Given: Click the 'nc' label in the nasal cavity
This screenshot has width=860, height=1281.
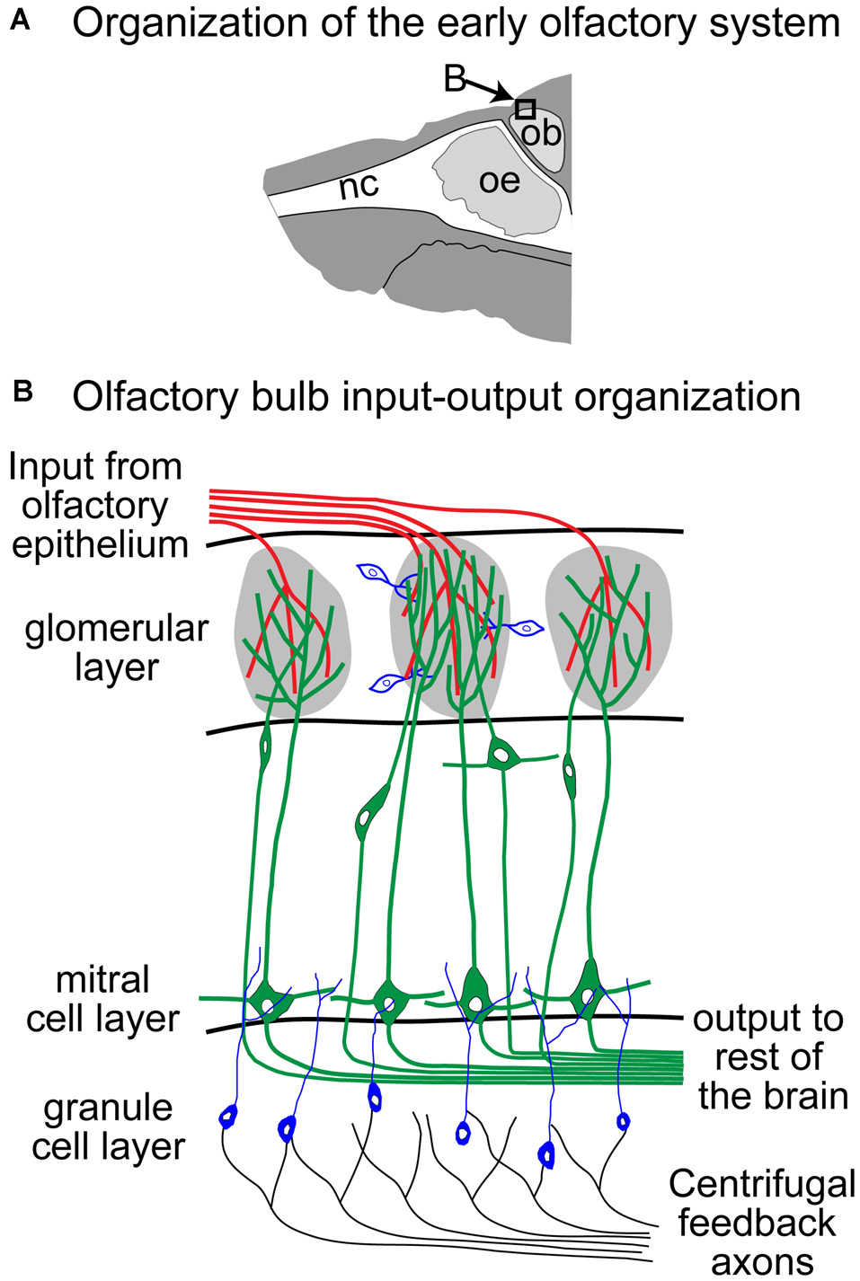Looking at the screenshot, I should click(359, 186).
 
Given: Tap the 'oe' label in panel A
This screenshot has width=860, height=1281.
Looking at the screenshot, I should click(500, 181).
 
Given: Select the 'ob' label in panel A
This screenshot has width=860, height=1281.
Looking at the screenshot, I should click(542, 134).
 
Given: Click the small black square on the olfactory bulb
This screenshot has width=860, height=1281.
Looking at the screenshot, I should click(526, 110).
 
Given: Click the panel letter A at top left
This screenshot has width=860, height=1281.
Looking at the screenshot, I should click(20, 21).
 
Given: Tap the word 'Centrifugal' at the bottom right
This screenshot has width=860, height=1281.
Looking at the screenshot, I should click(761, 1184).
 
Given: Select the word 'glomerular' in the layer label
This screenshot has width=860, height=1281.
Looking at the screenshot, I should click(117, 629).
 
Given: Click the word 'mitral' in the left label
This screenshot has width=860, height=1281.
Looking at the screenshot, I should click(102, 979).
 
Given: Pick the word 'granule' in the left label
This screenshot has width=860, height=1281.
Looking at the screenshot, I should click(108, 1108).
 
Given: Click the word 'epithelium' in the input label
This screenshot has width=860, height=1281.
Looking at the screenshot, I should click(100, 544).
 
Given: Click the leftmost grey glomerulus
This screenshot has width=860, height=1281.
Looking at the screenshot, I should click(289, 629).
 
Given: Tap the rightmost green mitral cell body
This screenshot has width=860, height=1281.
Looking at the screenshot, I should click(589, 987).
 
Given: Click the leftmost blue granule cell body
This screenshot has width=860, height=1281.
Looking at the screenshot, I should click(228, 1117).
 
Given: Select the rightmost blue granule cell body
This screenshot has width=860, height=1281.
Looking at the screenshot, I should click(623, 1120).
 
